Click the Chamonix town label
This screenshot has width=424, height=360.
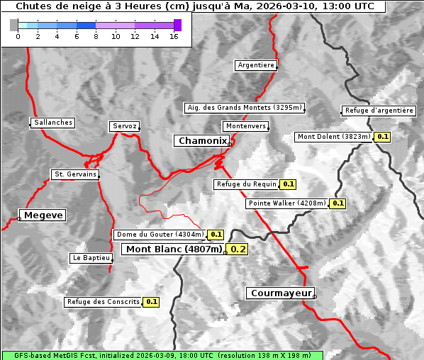[x=203, y=141]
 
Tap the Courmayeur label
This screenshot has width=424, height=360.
[x=279, y=293]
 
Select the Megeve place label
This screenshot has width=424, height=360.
[x=43, y=215]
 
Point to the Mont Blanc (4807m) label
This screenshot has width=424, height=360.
[x=174, y=249]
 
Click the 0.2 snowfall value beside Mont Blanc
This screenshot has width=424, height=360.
[x=238, y=249]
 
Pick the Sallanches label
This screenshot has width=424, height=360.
[x=53, y=123]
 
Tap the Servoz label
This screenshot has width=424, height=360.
[x=124, y=126]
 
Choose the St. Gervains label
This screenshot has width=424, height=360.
[x=75, y=174]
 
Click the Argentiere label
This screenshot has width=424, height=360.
[x=256, y=65]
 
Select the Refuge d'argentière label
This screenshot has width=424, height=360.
[x=379, y=111]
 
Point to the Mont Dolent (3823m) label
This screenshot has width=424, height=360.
[x=334, y=137]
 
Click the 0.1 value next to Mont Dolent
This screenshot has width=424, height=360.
[x=383, y=137]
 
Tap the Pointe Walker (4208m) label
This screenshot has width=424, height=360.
[x=287, y=203]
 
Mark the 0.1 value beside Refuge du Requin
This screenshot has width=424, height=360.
[x=288, y=184]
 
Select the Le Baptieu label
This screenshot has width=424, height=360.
[x=91, y=258]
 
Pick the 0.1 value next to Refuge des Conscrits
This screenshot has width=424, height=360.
[x=152, y=302]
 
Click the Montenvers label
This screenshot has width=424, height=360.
[x=246, y=126]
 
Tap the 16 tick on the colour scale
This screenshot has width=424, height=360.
[x=174, y=36]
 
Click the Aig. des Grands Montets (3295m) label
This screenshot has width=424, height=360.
[x=245, y=108]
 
